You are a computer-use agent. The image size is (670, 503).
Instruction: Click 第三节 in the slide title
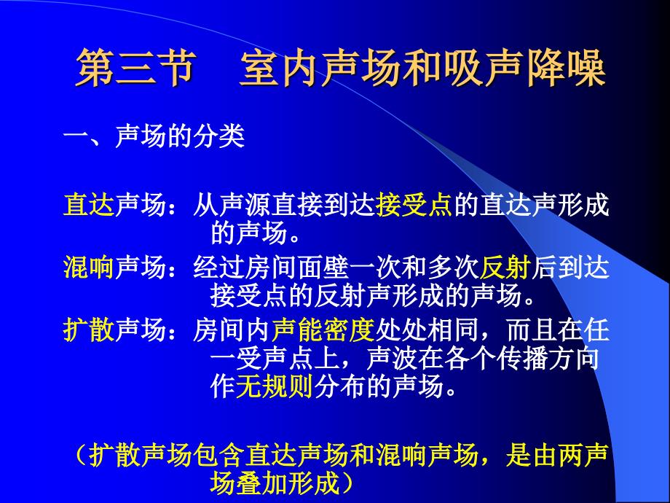click(136, 68)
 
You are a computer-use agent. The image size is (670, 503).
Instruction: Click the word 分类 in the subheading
click(218, 136)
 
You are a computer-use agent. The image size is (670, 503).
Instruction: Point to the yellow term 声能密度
click(323, 330)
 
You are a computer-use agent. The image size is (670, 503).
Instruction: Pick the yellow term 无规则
click(275, 386)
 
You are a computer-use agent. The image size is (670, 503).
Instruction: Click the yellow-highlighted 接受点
click(414, 205)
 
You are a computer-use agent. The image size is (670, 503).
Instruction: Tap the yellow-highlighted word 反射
click(505, 268)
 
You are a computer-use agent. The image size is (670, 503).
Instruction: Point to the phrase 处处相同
click(427, 330)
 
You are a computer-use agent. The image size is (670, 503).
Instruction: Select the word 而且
click(531, 330)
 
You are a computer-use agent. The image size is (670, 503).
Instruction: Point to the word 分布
click(339, 386)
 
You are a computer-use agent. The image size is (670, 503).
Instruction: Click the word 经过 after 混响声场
click(219, 268)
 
